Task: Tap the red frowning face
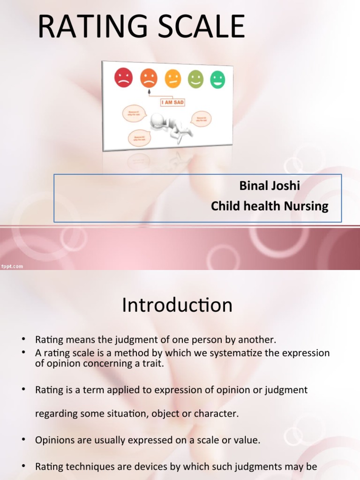[124, 78]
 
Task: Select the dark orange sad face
[149, 78]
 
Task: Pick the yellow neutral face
[172, 79]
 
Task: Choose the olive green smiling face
[195, 79]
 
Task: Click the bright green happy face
[217, 79]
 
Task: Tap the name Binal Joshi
[270, 186]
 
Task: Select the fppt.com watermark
[12, 266]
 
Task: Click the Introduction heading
[177, 305]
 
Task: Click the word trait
[153, 364]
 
